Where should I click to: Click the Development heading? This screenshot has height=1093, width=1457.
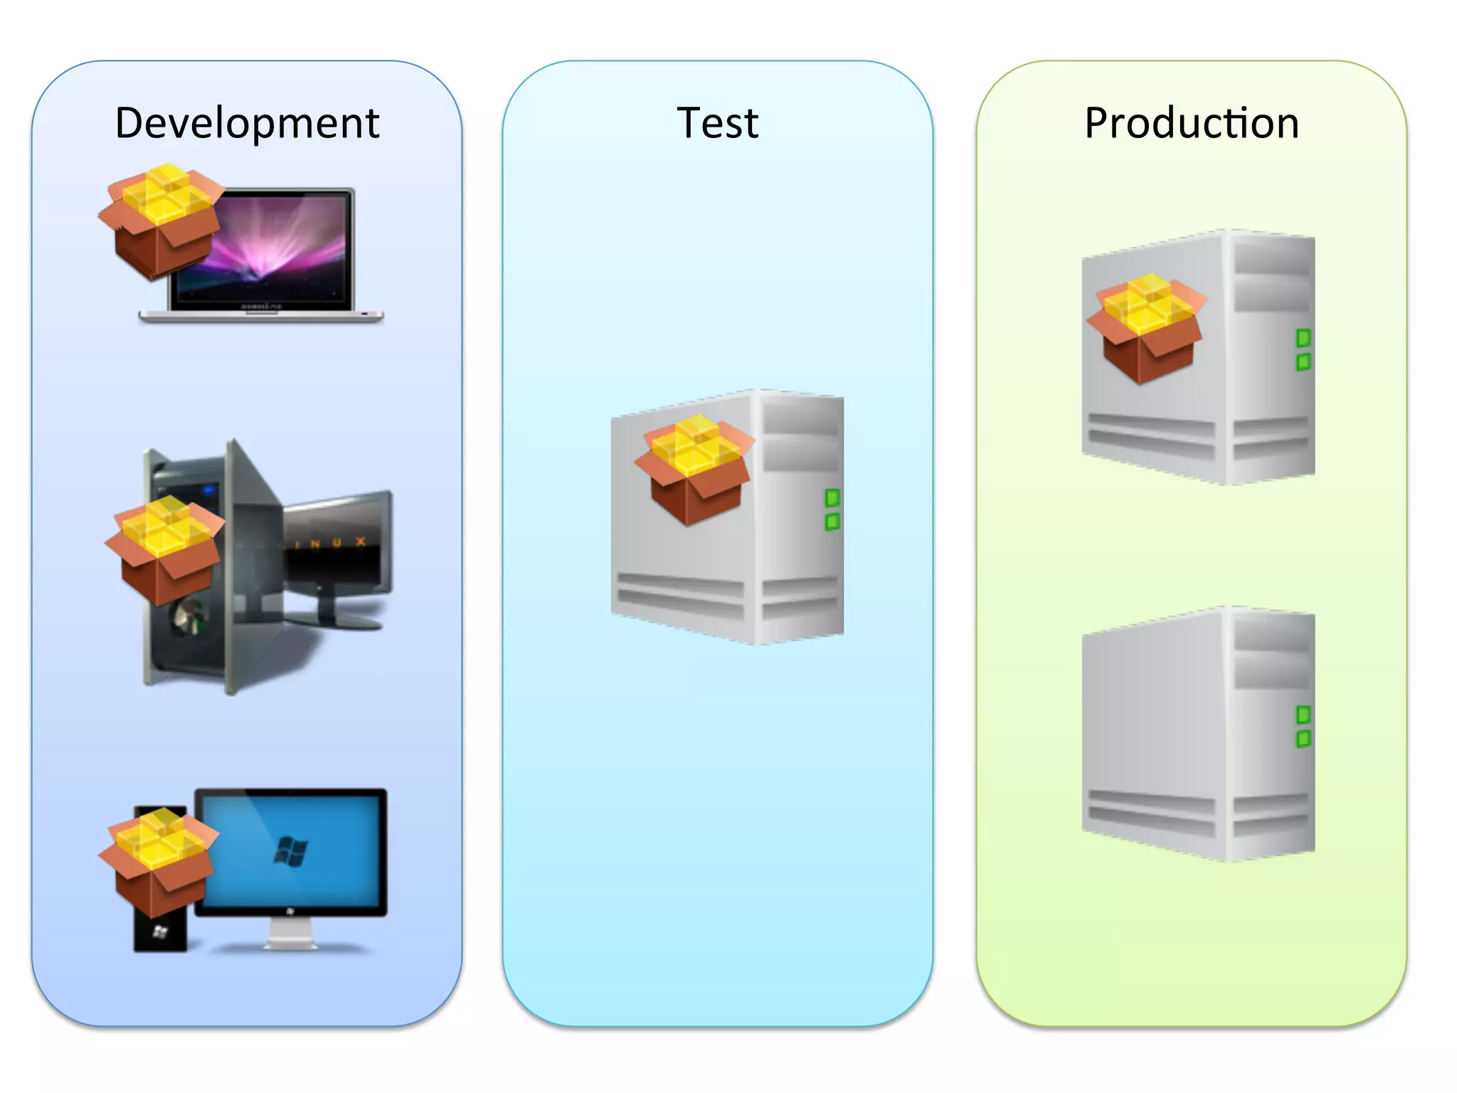pos(247,123)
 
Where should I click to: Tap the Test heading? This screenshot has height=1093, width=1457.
pos(717,123)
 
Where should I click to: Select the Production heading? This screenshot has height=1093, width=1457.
pos(1192,123)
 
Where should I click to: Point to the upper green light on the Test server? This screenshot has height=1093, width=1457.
pos(832,497)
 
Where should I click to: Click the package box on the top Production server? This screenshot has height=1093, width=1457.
pos(1146,327)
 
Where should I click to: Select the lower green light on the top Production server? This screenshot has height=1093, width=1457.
pos(1303,362)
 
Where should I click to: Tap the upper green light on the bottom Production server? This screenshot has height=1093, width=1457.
pos(1303,714)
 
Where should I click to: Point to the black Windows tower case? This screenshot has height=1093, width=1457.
pos(161,932)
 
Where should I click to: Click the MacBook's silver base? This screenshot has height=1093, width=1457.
pos(260,316)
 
